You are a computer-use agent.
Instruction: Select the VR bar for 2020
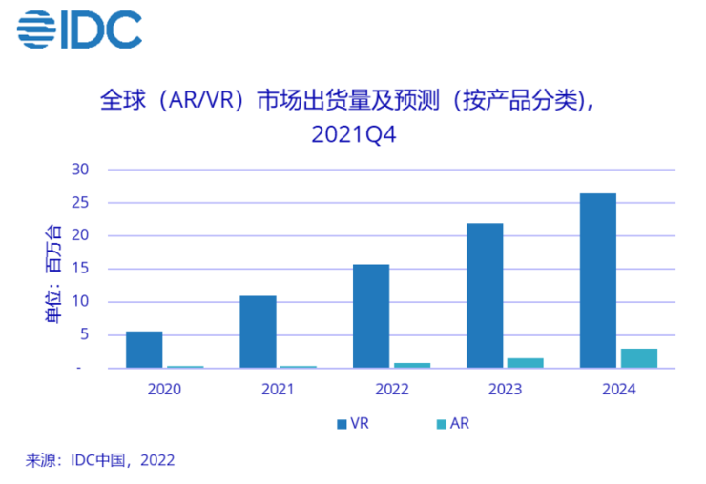point(144,349)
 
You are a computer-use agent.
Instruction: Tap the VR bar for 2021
point(258,332)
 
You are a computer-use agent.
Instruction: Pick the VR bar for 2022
point(370,315)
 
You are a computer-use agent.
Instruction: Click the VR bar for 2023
point(484,295)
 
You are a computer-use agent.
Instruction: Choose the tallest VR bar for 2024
point(597,280)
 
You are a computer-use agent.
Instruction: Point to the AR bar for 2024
point(639,357)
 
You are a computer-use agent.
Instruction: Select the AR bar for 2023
point(526,362)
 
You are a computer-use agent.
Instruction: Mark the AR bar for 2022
point(412,364)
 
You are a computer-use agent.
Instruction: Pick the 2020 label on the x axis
point(164,390)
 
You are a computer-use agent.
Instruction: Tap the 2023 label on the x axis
point(504,390)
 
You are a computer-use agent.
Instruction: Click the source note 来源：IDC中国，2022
point(100,460)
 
